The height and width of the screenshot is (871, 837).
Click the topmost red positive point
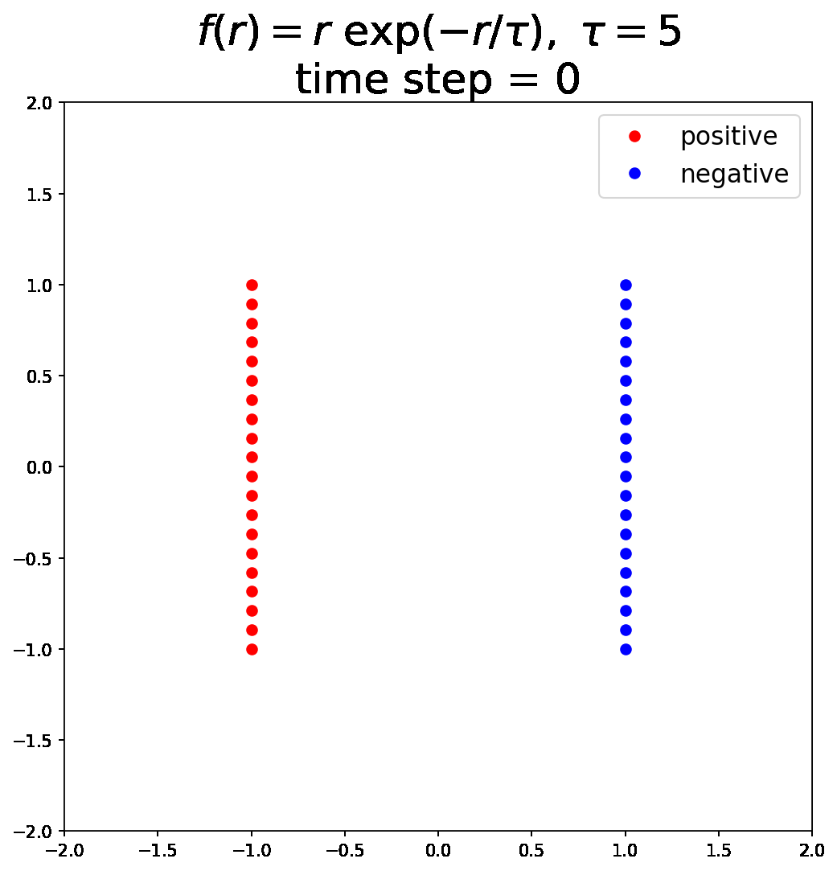click(x=252, y=285)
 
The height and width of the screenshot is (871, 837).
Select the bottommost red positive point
click(x=252, y=649)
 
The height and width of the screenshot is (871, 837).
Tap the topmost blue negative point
click(x=626, y=285)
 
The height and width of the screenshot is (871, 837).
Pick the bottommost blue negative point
click(x=626, y=649)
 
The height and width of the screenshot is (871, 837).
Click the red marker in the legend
click(x=634, y=137)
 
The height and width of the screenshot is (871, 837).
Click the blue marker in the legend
click(x=634, y=174)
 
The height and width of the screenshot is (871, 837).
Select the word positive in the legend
click(x=728, y=137)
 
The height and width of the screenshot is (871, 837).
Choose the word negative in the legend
click(x=734, y=174)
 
